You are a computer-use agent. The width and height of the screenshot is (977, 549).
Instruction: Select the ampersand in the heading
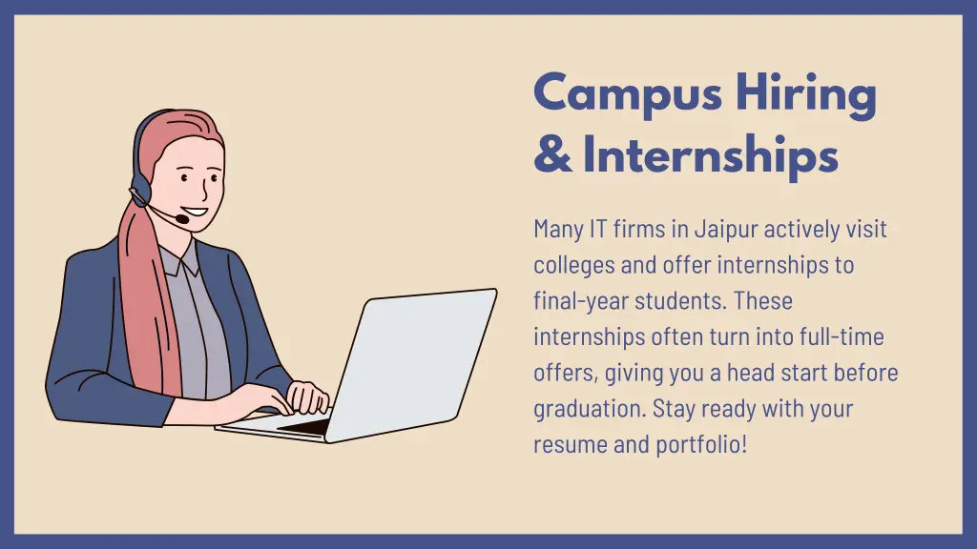coord(552,155)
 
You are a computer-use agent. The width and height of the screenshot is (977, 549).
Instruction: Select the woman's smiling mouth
coord(195,211)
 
